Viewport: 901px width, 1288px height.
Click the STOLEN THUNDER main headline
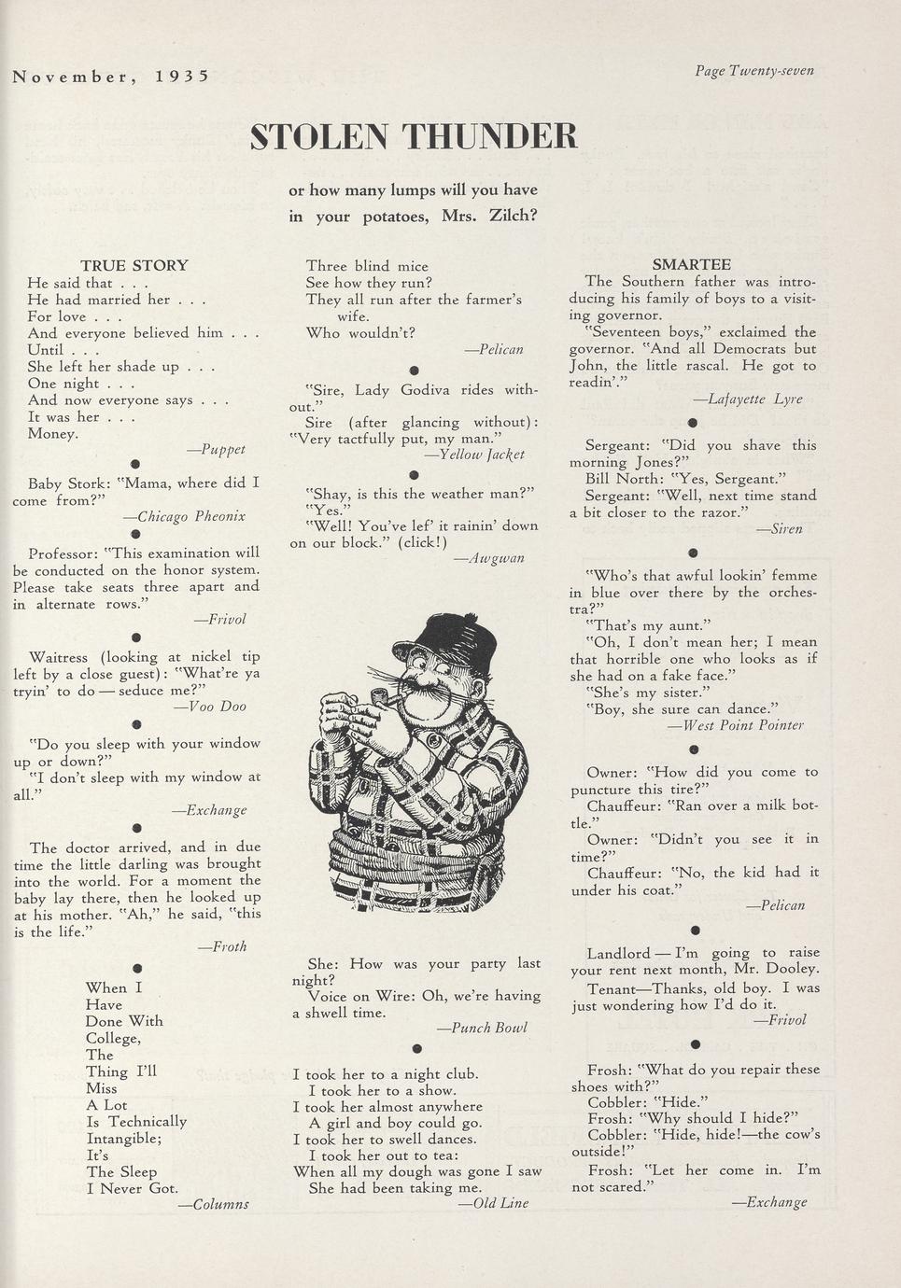click(x=414, y=136)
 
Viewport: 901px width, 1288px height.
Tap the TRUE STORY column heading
click(x=134, y=266)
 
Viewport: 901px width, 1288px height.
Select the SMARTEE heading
click(x=691, y=265)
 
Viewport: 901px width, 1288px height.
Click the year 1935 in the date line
click(x=182, y=77)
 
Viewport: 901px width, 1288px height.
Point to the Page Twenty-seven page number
click(x=753, y=71)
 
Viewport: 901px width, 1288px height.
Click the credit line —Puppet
click(x=216, y=450)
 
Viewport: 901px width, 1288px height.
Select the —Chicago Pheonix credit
click(x=185, y=516)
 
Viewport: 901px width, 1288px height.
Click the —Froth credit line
click(x=222, y=946)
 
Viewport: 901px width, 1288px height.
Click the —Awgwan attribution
click(x=489, y=558)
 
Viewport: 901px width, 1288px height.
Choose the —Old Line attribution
click(x=494, y=1203)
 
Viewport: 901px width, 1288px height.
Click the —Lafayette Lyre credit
click(x=748, y=399)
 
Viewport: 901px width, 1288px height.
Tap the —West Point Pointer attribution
click(x=736, y=725)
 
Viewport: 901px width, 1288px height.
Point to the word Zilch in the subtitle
click(x=512, y=217)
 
